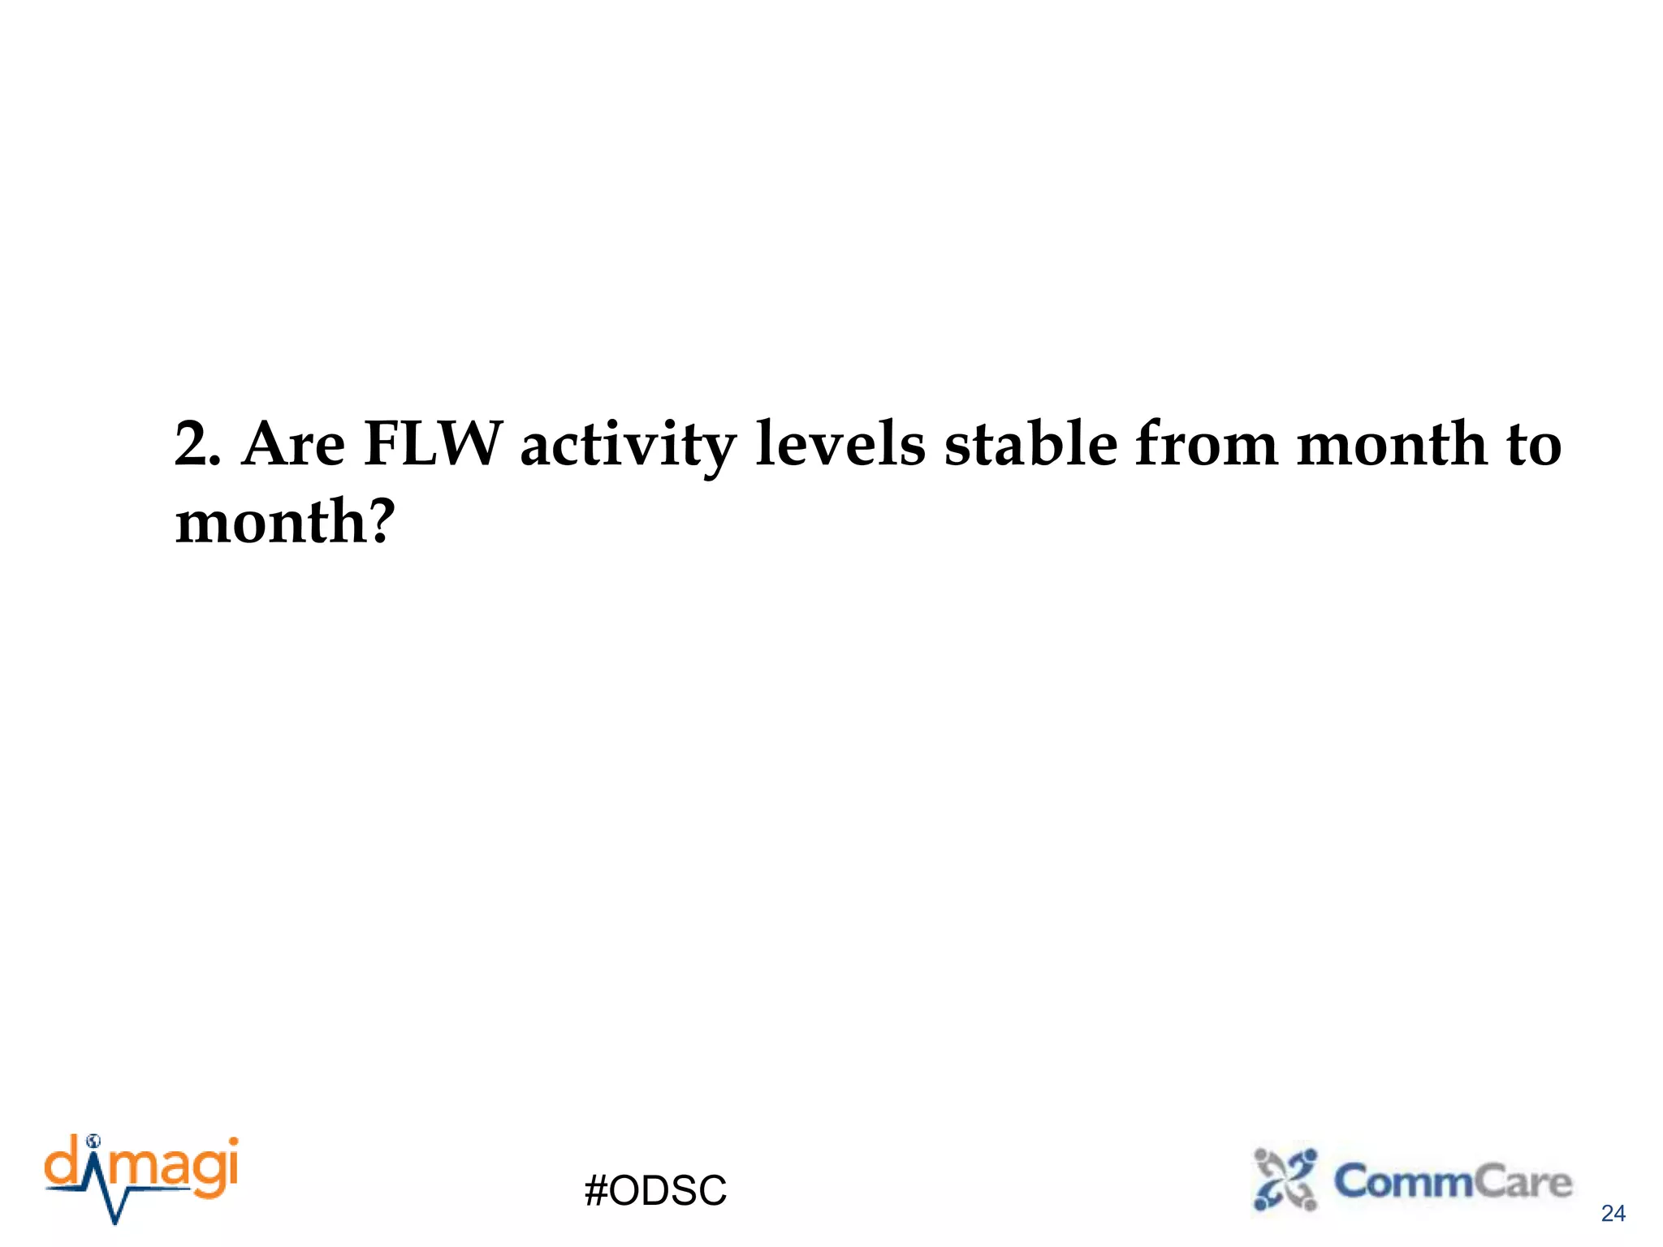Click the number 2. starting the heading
point(197,445)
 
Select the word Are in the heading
point(293,445)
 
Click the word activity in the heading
point(628,447)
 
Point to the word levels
point(840,445)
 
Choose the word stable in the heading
point(1031,445)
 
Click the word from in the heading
point(1206,445)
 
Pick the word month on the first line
point(1392,445)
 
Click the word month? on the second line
point(284,522)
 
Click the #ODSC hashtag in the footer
point(655,1191)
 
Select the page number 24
point(1613,1214)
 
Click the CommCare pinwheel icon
point(1285,1180)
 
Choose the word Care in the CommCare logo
point(1523,1182)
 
